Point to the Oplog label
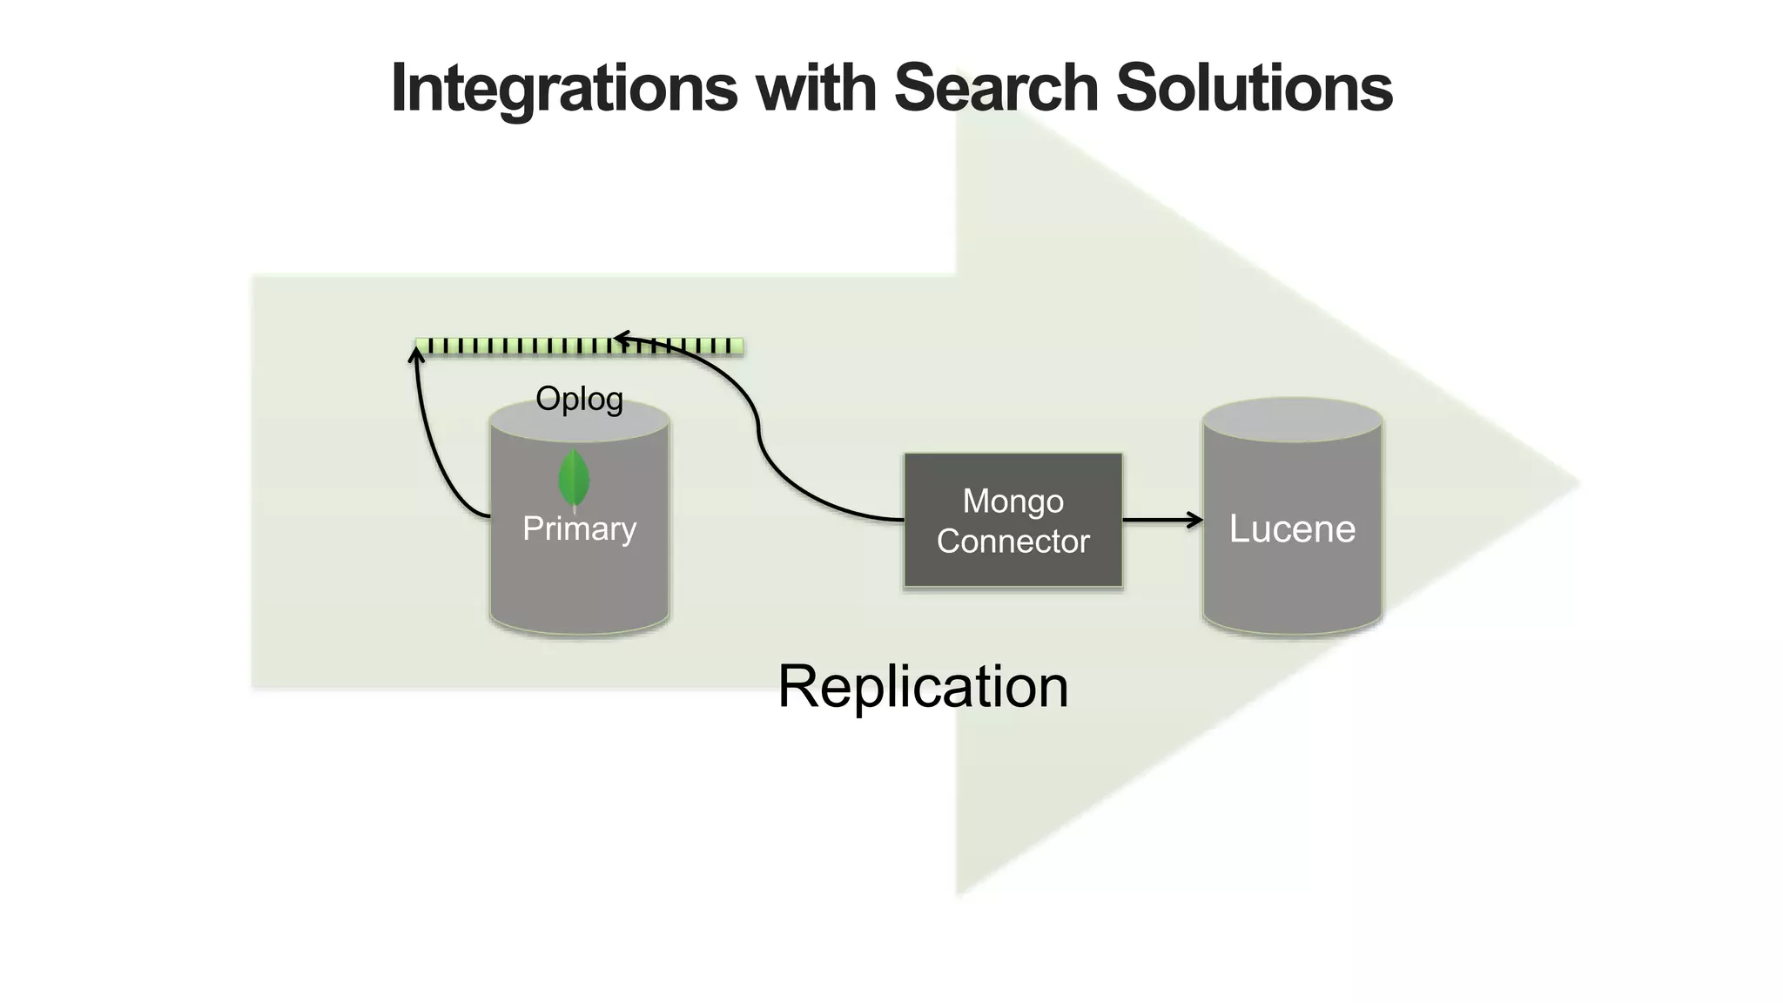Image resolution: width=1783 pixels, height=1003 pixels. [x=579, y=399]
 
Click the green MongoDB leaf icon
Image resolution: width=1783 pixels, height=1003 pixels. [x=573, y=478]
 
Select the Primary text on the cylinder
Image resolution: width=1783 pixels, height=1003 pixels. [x=579, y=528]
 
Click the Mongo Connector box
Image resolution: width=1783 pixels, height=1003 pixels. [x=1013, y=520]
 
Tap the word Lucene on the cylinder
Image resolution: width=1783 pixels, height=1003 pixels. [x=1292, y=528]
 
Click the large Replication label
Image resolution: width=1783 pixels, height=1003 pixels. [x=922, y=686]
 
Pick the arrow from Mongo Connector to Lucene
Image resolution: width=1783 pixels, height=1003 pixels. [x=1162, y=520]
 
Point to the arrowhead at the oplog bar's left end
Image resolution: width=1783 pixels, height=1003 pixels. [x=417, y=352]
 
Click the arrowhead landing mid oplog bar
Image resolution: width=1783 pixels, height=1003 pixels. [x=620, y=338]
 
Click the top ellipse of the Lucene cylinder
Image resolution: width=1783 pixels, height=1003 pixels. [x=1292, y=420]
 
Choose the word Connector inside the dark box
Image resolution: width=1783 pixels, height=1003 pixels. [x=1013, y=542]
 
